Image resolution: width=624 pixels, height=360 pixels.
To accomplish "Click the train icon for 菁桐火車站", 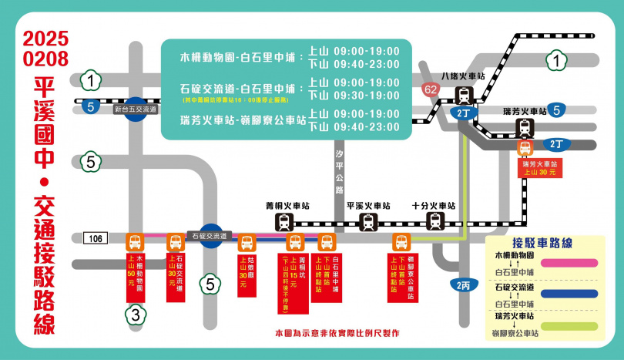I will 284,223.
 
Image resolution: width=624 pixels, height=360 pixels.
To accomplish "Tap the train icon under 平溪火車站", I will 369,223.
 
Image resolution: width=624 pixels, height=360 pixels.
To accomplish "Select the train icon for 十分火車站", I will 435,223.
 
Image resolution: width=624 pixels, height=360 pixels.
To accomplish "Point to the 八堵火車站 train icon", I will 464,96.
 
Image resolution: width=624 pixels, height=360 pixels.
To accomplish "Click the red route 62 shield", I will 431,90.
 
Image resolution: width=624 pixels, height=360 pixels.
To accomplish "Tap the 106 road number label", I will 94,238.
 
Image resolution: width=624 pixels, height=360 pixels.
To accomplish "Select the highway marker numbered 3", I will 134,315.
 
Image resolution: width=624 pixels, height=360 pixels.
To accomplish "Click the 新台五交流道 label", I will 135,110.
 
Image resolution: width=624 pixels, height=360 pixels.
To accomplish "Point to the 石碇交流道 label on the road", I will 209,236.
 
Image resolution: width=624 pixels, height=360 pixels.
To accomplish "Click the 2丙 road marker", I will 463,285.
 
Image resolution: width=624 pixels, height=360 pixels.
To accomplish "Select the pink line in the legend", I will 575,262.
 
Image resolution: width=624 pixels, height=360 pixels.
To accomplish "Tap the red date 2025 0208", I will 45,49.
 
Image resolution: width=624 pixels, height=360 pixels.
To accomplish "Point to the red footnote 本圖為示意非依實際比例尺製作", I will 337,333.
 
